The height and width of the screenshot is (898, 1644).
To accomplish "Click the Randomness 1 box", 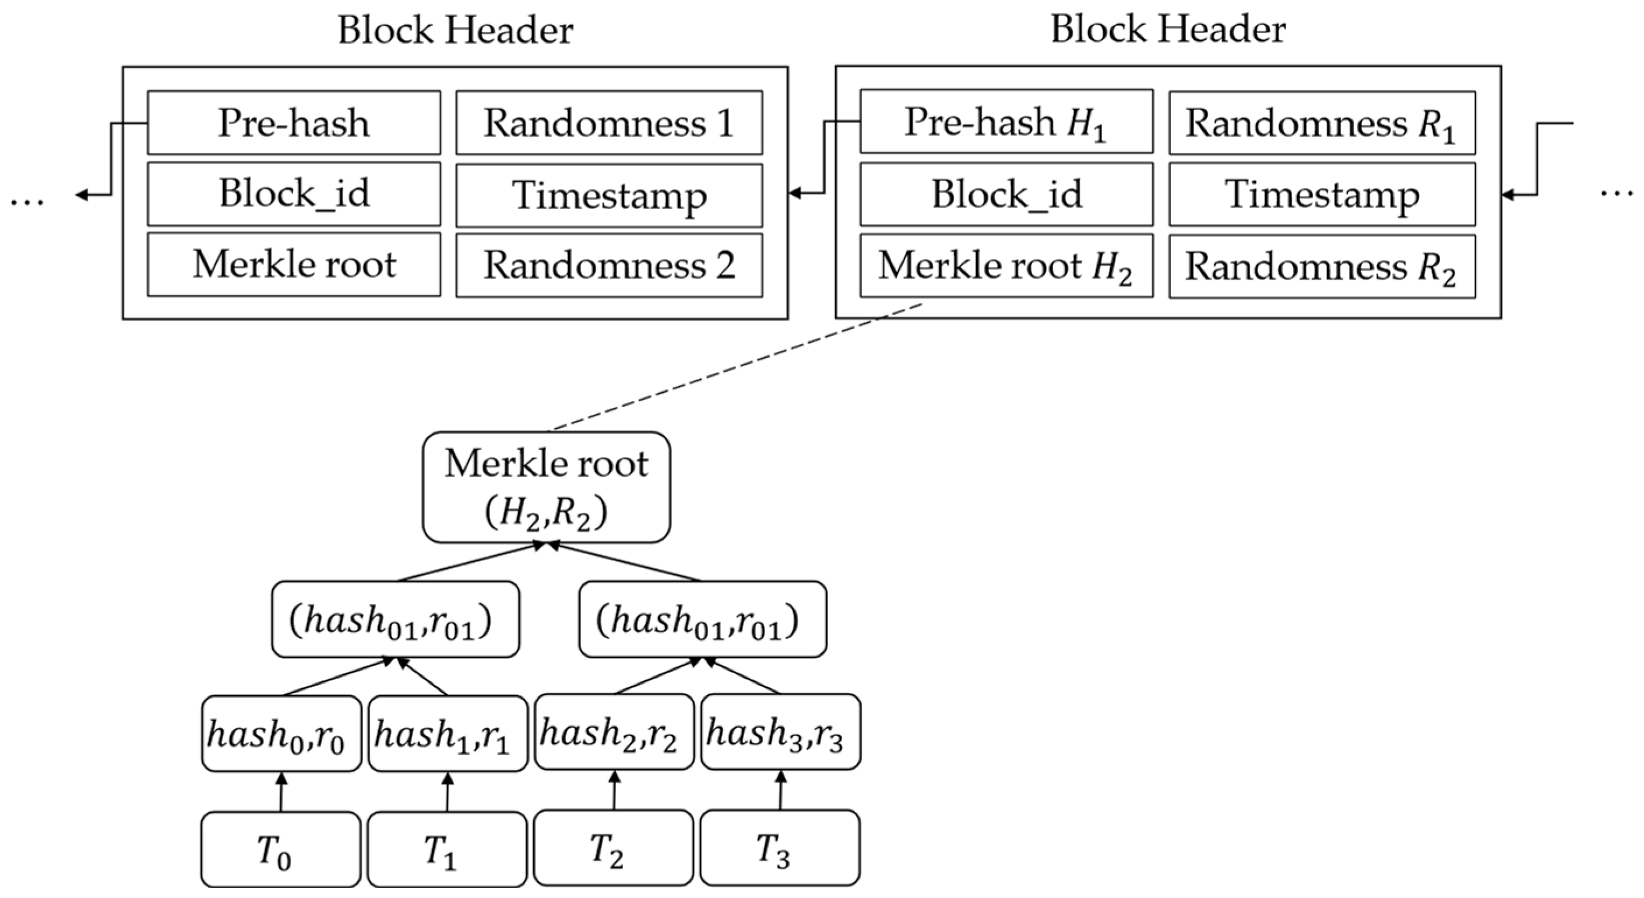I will point(609,122).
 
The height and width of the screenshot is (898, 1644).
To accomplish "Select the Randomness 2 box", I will point(609,265).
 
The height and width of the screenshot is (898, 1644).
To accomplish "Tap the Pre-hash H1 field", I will point(1006,121).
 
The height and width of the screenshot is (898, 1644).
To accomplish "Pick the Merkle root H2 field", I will point(1006,265).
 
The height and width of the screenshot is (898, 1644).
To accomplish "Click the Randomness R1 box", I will point(1322,122).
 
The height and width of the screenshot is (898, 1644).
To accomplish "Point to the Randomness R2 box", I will point(1322,266).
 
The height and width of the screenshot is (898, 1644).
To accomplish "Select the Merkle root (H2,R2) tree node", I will point(546,487).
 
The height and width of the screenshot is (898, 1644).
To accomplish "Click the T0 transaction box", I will point(281,849).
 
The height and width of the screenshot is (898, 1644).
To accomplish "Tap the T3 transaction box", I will point(779,847).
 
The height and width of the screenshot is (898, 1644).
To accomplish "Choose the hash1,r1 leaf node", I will point(448,733).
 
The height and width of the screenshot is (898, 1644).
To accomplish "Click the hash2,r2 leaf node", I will point(614,731).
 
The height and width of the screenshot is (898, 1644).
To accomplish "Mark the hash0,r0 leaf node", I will point(281,733).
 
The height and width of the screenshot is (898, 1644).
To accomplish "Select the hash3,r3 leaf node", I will point(780,731).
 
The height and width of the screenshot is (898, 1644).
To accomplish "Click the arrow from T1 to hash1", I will point(448,792).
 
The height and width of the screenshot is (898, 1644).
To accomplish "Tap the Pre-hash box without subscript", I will point(294,122).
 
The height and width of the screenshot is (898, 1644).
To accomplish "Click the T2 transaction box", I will point(612,847).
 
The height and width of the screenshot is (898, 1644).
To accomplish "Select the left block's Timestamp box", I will point(609,195).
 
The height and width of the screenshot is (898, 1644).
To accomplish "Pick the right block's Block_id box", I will point(1006,194).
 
